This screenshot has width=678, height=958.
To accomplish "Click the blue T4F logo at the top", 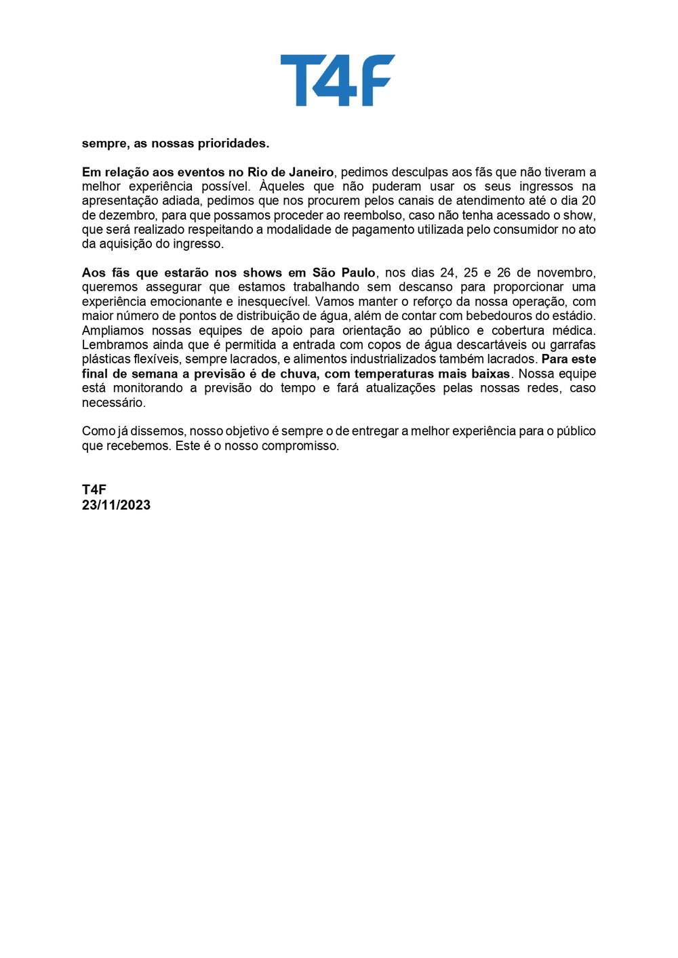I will point(338,80).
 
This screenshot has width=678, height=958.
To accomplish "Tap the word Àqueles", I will point(282,186).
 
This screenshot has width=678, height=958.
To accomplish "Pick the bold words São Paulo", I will point(344,273).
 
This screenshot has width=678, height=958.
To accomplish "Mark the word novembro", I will point(565,273).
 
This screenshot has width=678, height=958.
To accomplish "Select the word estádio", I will point(574,316).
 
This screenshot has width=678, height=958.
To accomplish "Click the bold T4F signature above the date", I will point(94,490).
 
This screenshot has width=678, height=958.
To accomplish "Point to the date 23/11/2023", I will point(116,504).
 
